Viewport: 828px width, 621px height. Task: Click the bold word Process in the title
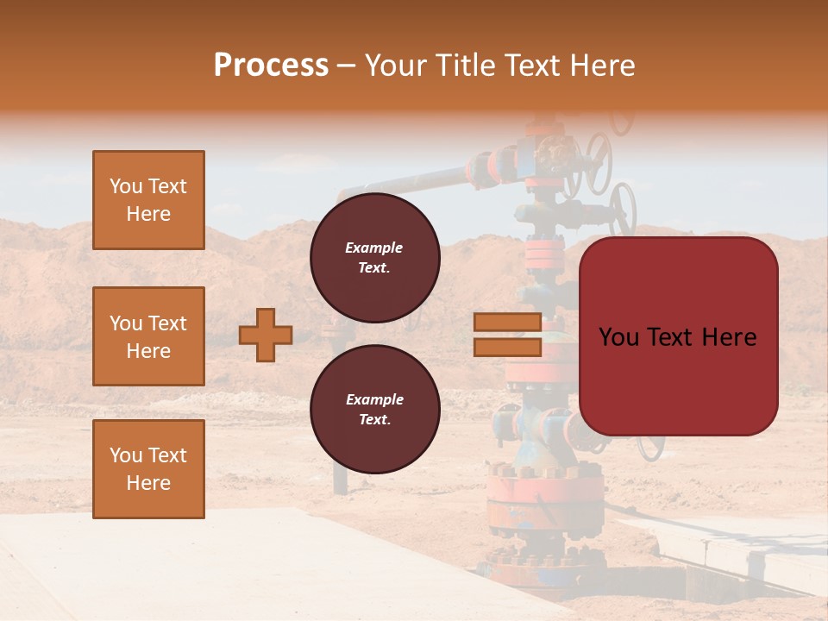[271, 66]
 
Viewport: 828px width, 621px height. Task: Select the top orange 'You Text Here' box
[148, 200]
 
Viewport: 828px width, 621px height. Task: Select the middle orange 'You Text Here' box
[148, 336]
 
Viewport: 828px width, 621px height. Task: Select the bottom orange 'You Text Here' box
[148, 468]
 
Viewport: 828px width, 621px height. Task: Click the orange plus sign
[266, 335]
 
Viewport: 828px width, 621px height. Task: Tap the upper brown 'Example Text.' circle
[374, 257]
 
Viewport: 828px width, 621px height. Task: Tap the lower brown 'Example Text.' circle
[374, 409]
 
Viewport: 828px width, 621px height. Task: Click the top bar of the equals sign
[507, 322]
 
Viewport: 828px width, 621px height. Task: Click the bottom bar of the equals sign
[507, 348]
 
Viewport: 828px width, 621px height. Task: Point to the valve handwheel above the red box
[623, 207]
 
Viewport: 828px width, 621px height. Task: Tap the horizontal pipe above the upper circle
[405, 182]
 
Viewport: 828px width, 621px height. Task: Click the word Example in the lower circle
[374, 399]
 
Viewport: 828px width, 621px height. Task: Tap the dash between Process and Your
[347, 66]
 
